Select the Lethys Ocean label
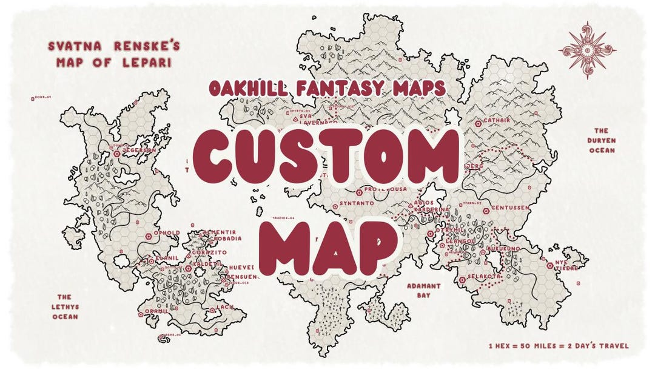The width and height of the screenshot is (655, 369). (x=65, y=306)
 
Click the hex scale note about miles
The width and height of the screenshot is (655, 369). (x=558, y=346)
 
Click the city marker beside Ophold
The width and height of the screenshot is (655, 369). (x=149, y=234)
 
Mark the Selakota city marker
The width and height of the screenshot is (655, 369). (x=462, y=279)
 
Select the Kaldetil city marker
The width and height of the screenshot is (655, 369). (x=189, y=268)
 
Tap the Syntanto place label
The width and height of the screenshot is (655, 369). (x=356, y=203)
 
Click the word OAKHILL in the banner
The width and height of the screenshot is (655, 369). (x=247, y=88)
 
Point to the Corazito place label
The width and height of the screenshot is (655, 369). (x=209, y=252)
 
